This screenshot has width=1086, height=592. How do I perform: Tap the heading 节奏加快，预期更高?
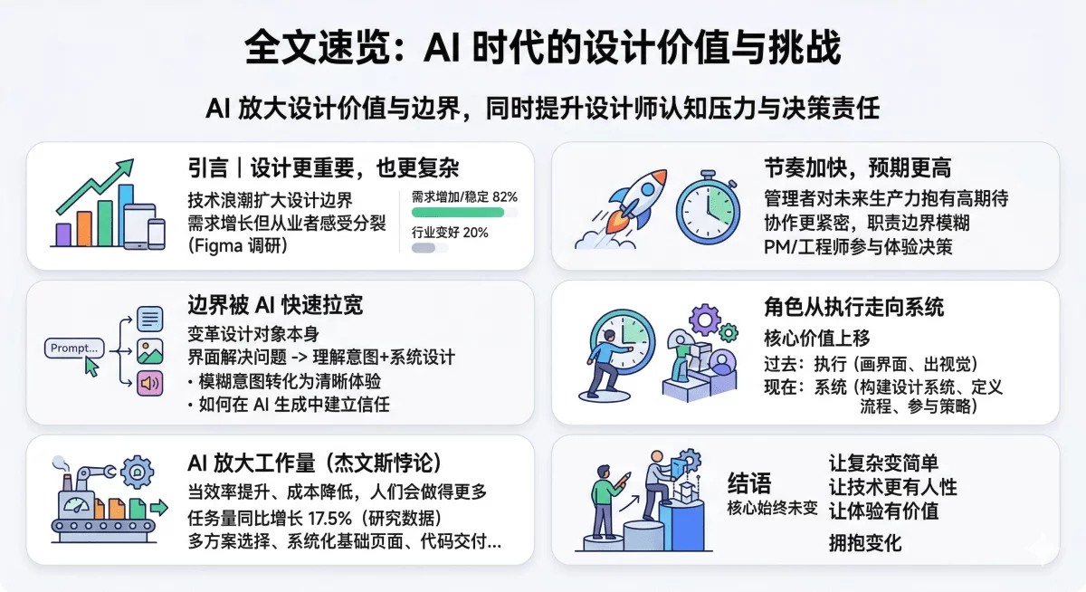857,168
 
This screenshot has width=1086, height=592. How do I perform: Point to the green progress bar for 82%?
457,212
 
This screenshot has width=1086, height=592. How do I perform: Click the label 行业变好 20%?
450,233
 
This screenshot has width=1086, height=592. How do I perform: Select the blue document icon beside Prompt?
150,320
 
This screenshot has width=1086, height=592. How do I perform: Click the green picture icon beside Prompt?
150,351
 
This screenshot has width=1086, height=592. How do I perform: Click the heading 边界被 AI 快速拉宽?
274,305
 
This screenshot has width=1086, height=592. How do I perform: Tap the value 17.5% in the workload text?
332,518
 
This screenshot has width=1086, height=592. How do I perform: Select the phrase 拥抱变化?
865,543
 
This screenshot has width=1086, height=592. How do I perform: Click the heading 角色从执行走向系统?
853,306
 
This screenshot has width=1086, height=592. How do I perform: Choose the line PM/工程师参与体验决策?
858,245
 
